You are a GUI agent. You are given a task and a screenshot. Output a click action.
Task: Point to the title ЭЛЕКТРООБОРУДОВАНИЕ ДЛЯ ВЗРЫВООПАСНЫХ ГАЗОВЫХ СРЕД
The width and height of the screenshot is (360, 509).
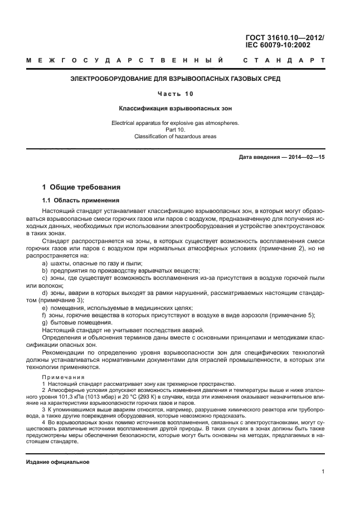click(x=175, y=79)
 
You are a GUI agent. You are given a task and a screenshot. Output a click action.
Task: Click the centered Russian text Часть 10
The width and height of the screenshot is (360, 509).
click(x=175, y=94)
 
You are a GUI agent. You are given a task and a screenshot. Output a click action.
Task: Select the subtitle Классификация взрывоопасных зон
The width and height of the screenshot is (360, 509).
click(x=175, y=108)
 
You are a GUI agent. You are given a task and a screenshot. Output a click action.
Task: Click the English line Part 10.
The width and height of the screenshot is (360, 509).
click(x=175, y=129)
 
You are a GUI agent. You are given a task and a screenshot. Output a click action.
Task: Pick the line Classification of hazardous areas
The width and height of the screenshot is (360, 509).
click(x=175, y=136)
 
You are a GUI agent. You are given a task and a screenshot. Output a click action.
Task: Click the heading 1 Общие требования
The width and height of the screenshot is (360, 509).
click(x=82, y=187)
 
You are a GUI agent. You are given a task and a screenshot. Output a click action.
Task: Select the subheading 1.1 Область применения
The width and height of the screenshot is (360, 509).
click(x=80, y=200)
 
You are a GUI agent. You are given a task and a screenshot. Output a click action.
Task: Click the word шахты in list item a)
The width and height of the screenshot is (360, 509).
click(x=61, y=263)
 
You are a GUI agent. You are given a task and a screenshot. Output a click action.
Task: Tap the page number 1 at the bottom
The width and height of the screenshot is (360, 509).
click(x=323, y=472)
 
